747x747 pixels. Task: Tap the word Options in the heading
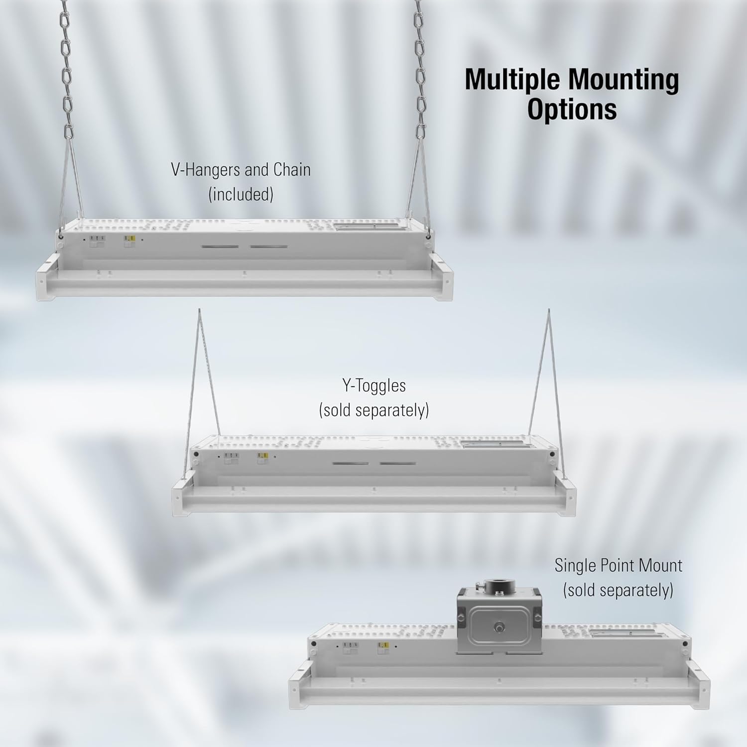point(572,110)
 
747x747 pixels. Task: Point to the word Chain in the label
point(292,170)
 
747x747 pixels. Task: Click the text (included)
point(241,194)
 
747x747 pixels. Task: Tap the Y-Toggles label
point(373,385)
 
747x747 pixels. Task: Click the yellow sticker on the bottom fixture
point(383,647)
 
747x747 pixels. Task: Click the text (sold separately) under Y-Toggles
point(373,410)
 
